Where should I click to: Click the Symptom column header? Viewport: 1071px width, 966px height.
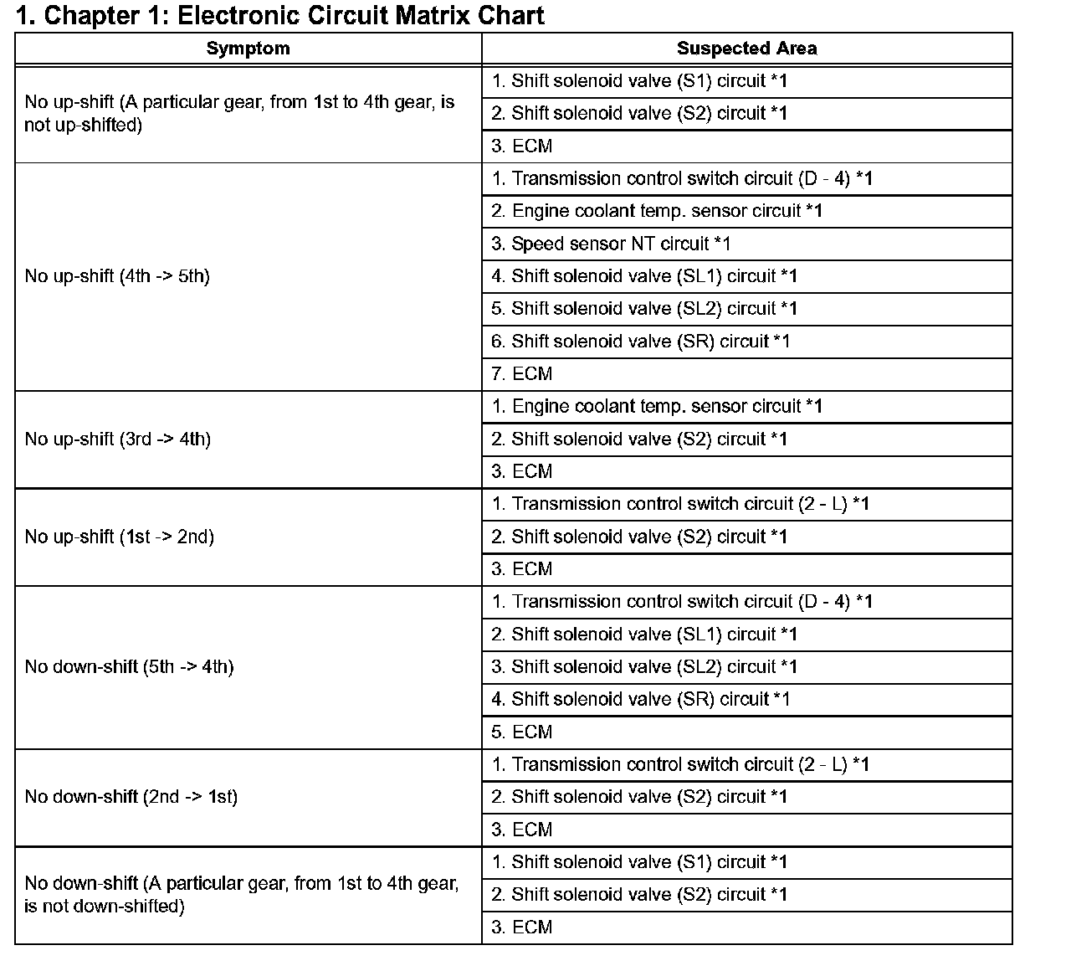tap(248, 49)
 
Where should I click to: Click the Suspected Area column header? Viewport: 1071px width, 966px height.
tap(746, 49)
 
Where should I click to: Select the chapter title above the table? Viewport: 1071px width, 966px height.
tap(280, 15)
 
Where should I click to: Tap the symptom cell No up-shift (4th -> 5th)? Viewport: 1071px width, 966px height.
tap(117, 276)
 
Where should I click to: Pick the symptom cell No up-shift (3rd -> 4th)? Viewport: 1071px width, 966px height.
tap(117, 439)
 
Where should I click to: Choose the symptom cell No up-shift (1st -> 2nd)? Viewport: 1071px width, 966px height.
tap(119, 537)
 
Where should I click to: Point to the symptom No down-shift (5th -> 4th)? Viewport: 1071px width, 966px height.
tap(129, 667)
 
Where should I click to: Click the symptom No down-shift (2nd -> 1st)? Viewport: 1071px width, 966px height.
tap(131, 797)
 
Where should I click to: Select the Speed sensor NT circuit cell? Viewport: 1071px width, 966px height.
tap(611, 244)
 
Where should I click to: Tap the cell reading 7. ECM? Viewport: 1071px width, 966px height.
tap(522, 374)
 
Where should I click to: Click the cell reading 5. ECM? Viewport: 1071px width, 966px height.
tap(522, 732)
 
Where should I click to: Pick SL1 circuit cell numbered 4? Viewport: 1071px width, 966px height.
tap(644, 276)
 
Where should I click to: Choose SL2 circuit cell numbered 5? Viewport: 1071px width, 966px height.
tap(644, 309)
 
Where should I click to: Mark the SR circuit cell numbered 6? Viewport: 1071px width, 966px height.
tap(640, 342)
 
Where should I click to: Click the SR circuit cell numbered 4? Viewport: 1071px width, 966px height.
tap(640, 700)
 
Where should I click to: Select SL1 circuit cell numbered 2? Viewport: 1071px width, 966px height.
tap(644, 635)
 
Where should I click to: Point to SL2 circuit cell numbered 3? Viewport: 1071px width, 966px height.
tap(644, 667)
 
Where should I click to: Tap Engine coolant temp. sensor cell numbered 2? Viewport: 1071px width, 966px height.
tap(657, 211)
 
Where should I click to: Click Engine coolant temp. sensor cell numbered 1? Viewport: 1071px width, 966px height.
tap(657, 407)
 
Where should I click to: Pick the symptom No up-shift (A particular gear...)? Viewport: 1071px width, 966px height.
tap(239, 114)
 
